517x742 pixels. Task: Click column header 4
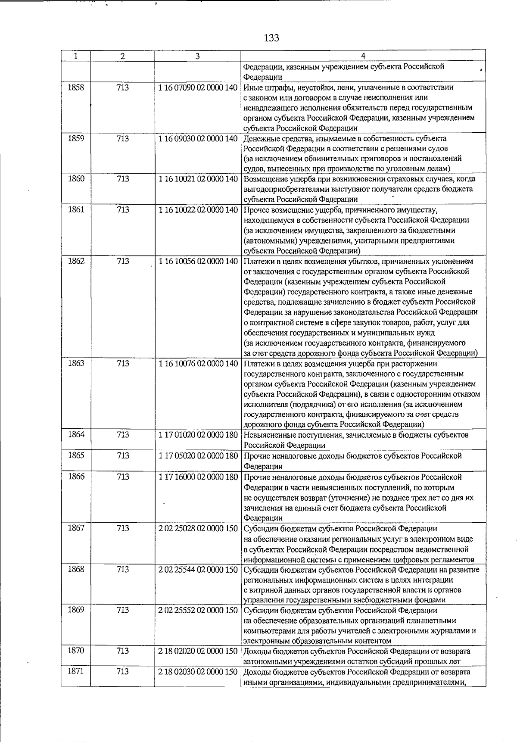(x=363, y=56)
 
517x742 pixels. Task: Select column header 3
(x=197, y=56)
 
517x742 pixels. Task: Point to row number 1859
(x=76, y=139)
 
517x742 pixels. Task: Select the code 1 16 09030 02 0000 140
(x=198, y=139)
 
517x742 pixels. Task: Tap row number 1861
(x=76, y=210)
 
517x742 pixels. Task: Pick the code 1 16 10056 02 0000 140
(x=198, y=261)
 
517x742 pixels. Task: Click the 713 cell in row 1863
(x=123, y=363)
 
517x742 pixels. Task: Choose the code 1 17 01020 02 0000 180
(x=198, y=435)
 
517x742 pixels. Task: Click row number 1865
(x=76, y=455)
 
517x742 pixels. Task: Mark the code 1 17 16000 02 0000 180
(x=198, y=477)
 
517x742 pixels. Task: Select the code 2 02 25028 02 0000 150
(x=198, y=529)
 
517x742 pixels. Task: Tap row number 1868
(x=76, y=569)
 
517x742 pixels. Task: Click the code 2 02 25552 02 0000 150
(x=198, y=610)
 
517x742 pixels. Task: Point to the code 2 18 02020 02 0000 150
(x=198, y=651)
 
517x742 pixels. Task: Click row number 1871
(x=76, y=672)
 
